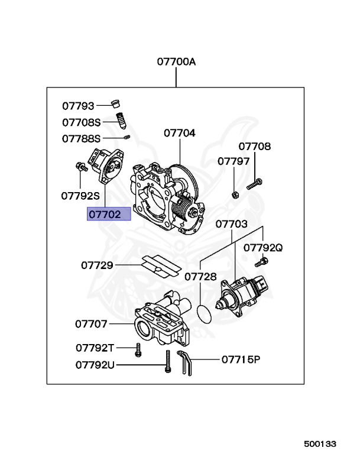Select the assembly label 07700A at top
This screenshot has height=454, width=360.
pyautogui.click(x=176, y=61)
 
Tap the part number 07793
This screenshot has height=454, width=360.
pyautogui.click(x=79, y=106)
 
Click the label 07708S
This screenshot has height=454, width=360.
pyautogui.click(x=82, y=122)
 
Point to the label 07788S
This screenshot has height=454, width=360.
pyautogui.click(x=82, y=138)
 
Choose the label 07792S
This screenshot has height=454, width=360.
pyautogui.click(x=80, y=194)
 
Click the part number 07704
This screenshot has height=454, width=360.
pyautogui.click(x=179, y=133)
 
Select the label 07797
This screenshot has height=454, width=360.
pyautogui.click(x=232, y=161)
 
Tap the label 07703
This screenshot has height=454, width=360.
pyautogui.click(x=231, y=224)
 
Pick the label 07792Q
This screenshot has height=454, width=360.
pyautogui.click(x=263, y=248)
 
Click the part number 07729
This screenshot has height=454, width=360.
pyautogui.click(x=97, y=265)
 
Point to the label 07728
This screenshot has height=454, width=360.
pyautogui.click(x=200, y=276)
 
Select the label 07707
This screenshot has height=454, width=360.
pyautogui.click(x=91, y=323)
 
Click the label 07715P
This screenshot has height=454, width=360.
pyautogui.click(x=241, y=359)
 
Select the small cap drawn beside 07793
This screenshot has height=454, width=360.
pyautogui.click(x=117, y=105)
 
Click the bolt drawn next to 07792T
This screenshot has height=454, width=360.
pyautogui.click(x=138, y=349)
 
